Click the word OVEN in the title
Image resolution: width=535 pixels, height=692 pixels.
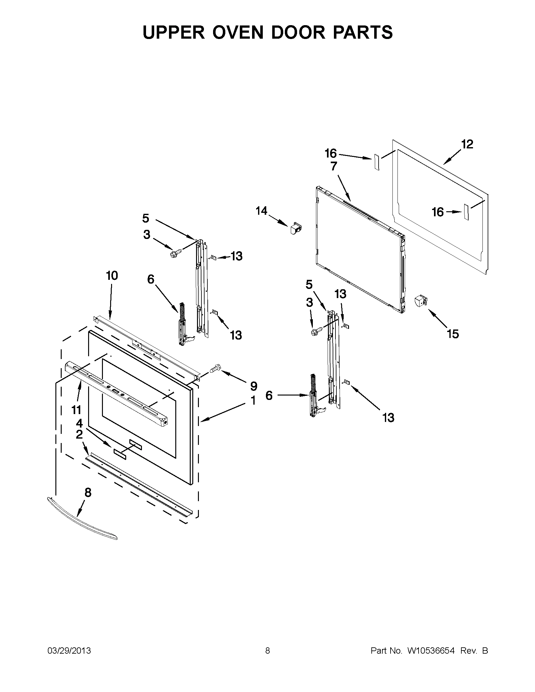238,32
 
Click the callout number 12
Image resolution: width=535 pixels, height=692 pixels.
467,144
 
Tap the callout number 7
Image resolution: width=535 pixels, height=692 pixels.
334,166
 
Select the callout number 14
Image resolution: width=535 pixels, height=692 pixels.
262,211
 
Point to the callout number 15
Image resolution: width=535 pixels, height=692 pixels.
453,334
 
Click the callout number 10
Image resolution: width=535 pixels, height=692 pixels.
112,276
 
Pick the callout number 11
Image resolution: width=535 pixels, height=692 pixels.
76,410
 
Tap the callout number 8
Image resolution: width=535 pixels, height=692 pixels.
88,492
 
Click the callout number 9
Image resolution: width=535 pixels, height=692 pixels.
253,386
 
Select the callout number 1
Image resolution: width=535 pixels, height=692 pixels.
253,401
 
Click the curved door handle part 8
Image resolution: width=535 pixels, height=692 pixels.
82,520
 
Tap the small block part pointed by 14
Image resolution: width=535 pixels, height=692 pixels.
296,228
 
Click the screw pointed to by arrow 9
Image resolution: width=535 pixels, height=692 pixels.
215,369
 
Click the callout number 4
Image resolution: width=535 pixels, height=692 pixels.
79,423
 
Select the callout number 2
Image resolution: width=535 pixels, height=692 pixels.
79,434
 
